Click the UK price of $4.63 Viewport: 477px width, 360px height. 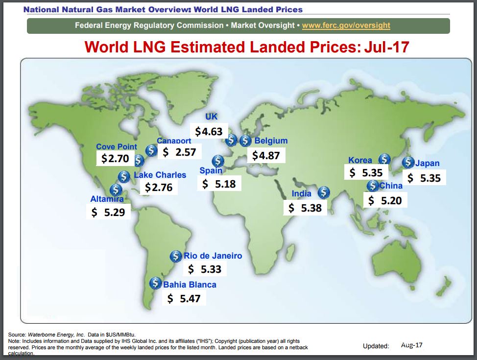(209, 131)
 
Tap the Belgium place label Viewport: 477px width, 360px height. (271, 141)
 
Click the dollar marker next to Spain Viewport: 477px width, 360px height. (217, 161)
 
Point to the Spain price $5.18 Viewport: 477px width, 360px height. (219, 184)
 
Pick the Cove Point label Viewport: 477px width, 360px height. (117, 146)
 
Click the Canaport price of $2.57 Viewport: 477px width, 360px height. (180, 152)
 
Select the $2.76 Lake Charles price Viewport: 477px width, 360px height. (159, 187)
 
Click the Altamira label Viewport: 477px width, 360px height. (107, 199)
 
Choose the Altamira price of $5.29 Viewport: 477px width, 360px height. (109, 213)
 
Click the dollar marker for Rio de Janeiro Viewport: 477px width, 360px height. (176, 256)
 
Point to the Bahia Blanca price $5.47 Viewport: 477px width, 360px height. (184, 298)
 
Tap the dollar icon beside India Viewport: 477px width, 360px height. (323, 193)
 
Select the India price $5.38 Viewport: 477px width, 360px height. (305, 208)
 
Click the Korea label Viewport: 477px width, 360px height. (360, 160)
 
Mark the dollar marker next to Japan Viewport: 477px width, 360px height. (408, 162)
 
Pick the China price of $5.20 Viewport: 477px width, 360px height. (385, 200)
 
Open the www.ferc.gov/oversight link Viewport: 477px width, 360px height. (346, 25)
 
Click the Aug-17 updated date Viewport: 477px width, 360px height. (411, 345)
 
